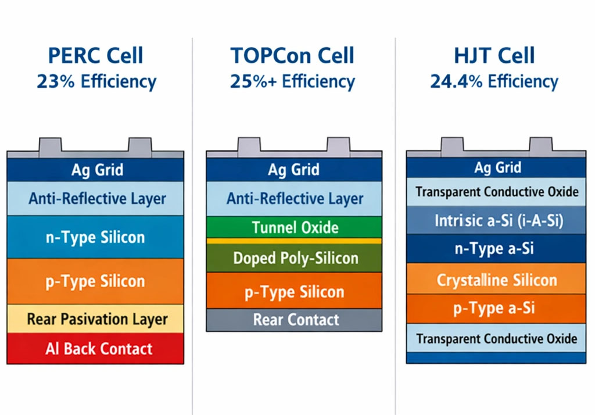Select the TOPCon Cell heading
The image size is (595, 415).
292,56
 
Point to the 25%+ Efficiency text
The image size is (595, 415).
292,81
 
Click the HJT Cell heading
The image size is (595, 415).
494,56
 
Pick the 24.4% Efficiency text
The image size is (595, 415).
494,81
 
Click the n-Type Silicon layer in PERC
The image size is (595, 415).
95,237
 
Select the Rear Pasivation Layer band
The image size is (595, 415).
95,319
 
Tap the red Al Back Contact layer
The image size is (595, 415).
95,349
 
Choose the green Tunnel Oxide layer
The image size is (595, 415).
294,227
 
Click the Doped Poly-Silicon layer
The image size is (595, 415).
294,258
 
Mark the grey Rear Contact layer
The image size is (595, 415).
294,320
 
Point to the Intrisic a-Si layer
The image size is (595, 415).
497,221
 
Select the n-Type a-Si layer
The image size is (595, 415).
497,249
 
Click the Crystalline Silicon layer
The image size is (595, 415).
497,280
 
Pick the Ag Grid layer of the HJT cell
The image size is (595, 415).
497,168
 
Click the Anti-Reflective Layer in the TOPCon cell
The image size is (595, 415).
294,199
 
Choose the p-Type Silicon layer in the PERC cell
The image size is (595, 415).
95,281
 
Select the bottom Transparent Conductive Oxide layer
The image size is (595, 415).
497,338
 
